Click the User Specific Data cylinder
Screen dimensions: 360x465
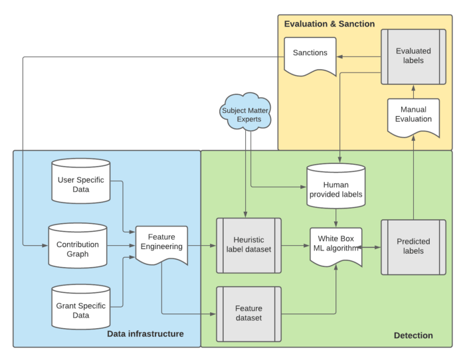81,181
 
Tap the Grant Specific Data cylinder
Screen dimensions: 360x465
81,306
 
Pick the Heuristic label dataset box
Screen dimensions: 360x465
248,245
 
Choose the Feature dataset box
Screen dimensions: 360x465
248,314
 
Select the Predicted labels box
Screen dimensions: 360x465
413,246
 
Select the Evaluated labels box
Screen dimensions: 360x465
413,56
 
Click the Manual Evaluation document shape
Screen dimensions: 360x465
413,115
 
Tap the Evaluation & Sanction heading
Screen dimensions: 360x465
329,25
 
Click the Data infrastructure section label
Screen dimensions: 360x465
145,333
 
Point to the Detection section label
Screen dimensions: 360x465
413,335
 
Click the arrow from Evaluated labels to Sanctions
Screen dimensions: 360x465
359,56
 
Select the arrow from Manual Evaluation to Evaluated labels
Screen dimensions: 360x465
413,92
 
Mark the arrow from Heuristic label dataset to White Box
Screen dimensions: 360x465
295,246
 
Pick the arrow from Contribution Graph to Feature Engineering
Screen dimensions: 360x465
121,246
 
